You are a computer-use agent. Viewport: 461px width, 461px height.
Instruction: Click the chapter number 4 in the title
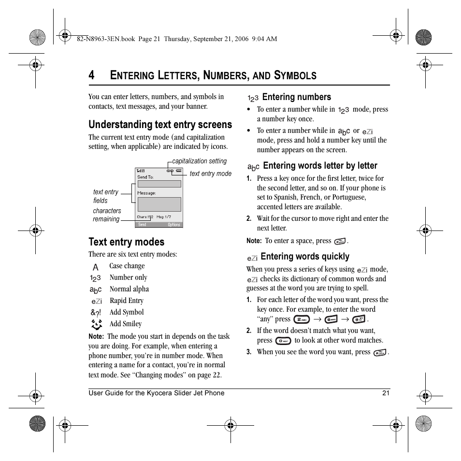point(91,75)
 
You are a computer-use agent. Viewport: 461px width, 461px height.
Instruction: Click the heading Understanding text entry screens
point(160,125)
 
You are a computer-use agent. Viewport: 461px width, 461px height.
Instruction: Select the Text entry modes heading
point(126,242)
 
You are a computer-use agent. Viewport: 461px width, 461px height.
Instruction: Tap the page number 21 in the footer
point(386,393)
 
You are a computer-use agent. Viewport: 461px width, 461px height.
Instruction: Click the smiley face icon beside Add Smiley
point(96,324)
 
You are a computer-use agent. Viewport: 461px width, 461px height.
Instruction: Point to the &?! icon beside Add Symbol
point(96,313)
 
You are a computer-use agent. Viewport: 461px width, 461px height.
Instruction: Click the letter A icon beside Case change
point(96,267)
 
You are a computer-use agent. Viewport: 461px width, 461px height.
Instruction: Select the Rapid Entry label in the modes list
point(126,301)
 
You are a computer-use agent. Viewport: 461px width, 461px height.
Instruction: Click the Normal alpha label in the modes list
point(129,289)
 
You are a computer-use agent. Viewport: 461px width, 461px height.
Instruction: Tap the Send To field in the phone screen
point(159,184)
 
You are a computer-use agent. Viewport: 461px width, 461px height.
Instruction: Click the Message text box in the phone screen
point(159,204)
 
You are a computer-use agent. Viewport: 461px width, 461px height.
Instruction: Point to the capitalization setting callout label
point(199,161)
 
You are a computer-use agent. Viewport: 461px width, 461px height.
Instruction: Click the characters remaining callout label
point(107,215)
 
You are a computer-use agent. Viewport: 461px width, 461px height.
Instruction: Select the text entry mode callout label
point(210,173)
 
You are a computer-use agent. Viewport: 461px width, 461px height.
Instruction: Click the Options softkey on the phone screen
point(173,225)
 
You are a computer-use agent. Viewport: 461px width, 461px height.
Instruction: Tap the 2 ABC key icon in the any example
point(302,319)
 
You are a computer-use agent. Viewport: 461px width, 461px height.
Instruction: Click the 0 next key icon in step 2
point(283,341)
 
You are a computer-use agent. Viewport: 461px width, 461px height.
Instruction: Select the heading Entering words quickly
point(304,257)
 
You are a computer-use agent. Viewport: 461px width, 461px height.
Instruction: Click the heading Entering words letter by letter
point(320,166)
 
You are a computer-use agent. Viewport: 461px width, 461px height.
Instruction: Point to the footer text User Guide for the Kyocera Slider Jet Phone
point(156,393)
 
